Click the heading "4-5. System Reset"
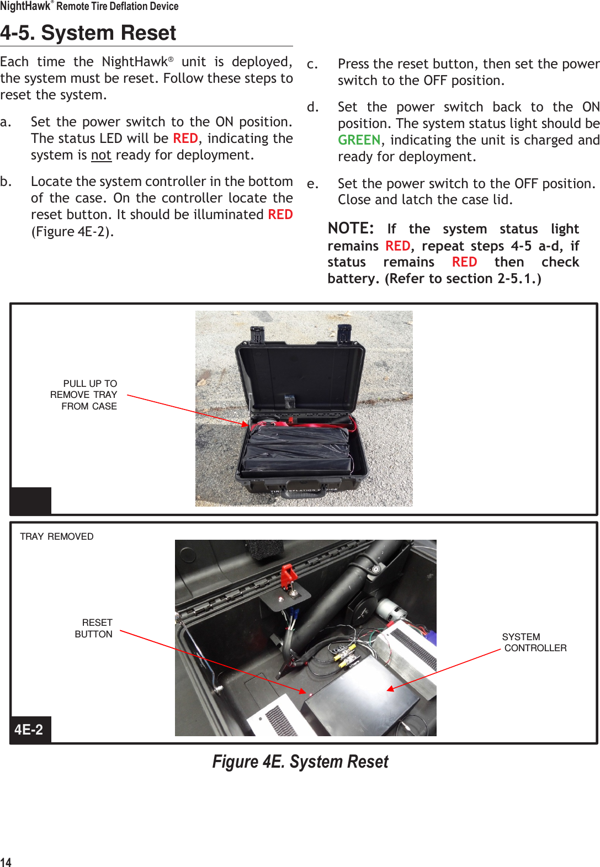[88, 33]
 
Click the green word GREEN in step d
[359, 140]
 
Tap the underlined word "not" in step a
[101, 156]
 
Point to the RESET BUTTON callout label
[94, 628]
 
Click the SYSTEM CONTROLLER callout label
[533, 642]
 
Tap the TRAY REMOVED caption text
[57, 536]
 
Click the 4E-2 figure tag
[29, 730]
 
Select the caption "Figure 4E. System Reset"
[300, 762]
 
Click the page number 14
[6, 862]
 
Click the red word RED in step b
[280, 215]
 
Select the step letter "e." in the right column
[312, 184]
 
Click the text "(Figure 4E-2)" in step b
[72, 232]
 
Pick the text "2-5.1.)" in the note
[519, 279]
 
